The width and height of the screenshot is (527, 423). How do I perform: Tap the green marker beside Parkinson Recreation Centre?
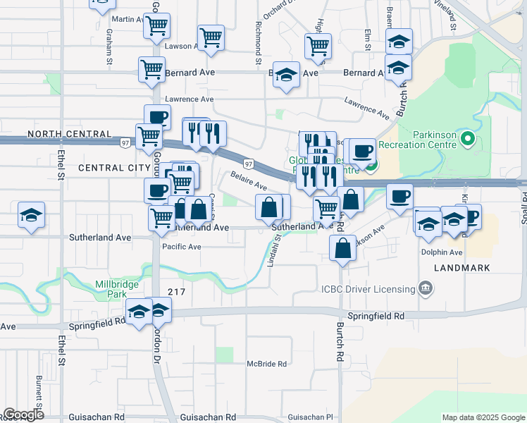click(466, 140)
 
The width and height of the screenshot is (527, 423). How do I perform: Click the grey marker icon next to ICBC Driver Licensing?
click(426, 288)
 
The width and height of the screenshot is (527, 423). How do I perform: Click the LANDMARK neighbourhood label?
click(461, 269)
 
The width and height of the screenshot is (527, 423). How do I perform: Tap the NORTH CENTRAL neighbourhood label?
click(69, 134)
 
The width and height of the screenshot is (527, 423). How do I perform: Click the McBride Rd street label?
click(266, 364)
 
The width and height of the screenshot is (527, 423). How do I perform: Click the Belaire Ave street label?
click(249, 181)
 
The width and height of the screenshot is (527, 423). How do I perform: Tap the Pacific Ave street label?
click(182, 247)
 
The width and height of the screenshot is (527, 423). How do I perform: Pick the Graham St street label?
click(109, 51)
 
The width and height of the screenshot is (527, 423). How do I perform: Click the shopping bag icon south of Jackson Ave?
click(342, 249)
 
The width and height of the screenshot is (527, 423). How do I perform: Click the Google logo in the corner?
click(23, 415)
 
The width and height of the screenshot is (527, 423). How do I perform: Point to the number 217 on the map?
click(176, 291)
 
